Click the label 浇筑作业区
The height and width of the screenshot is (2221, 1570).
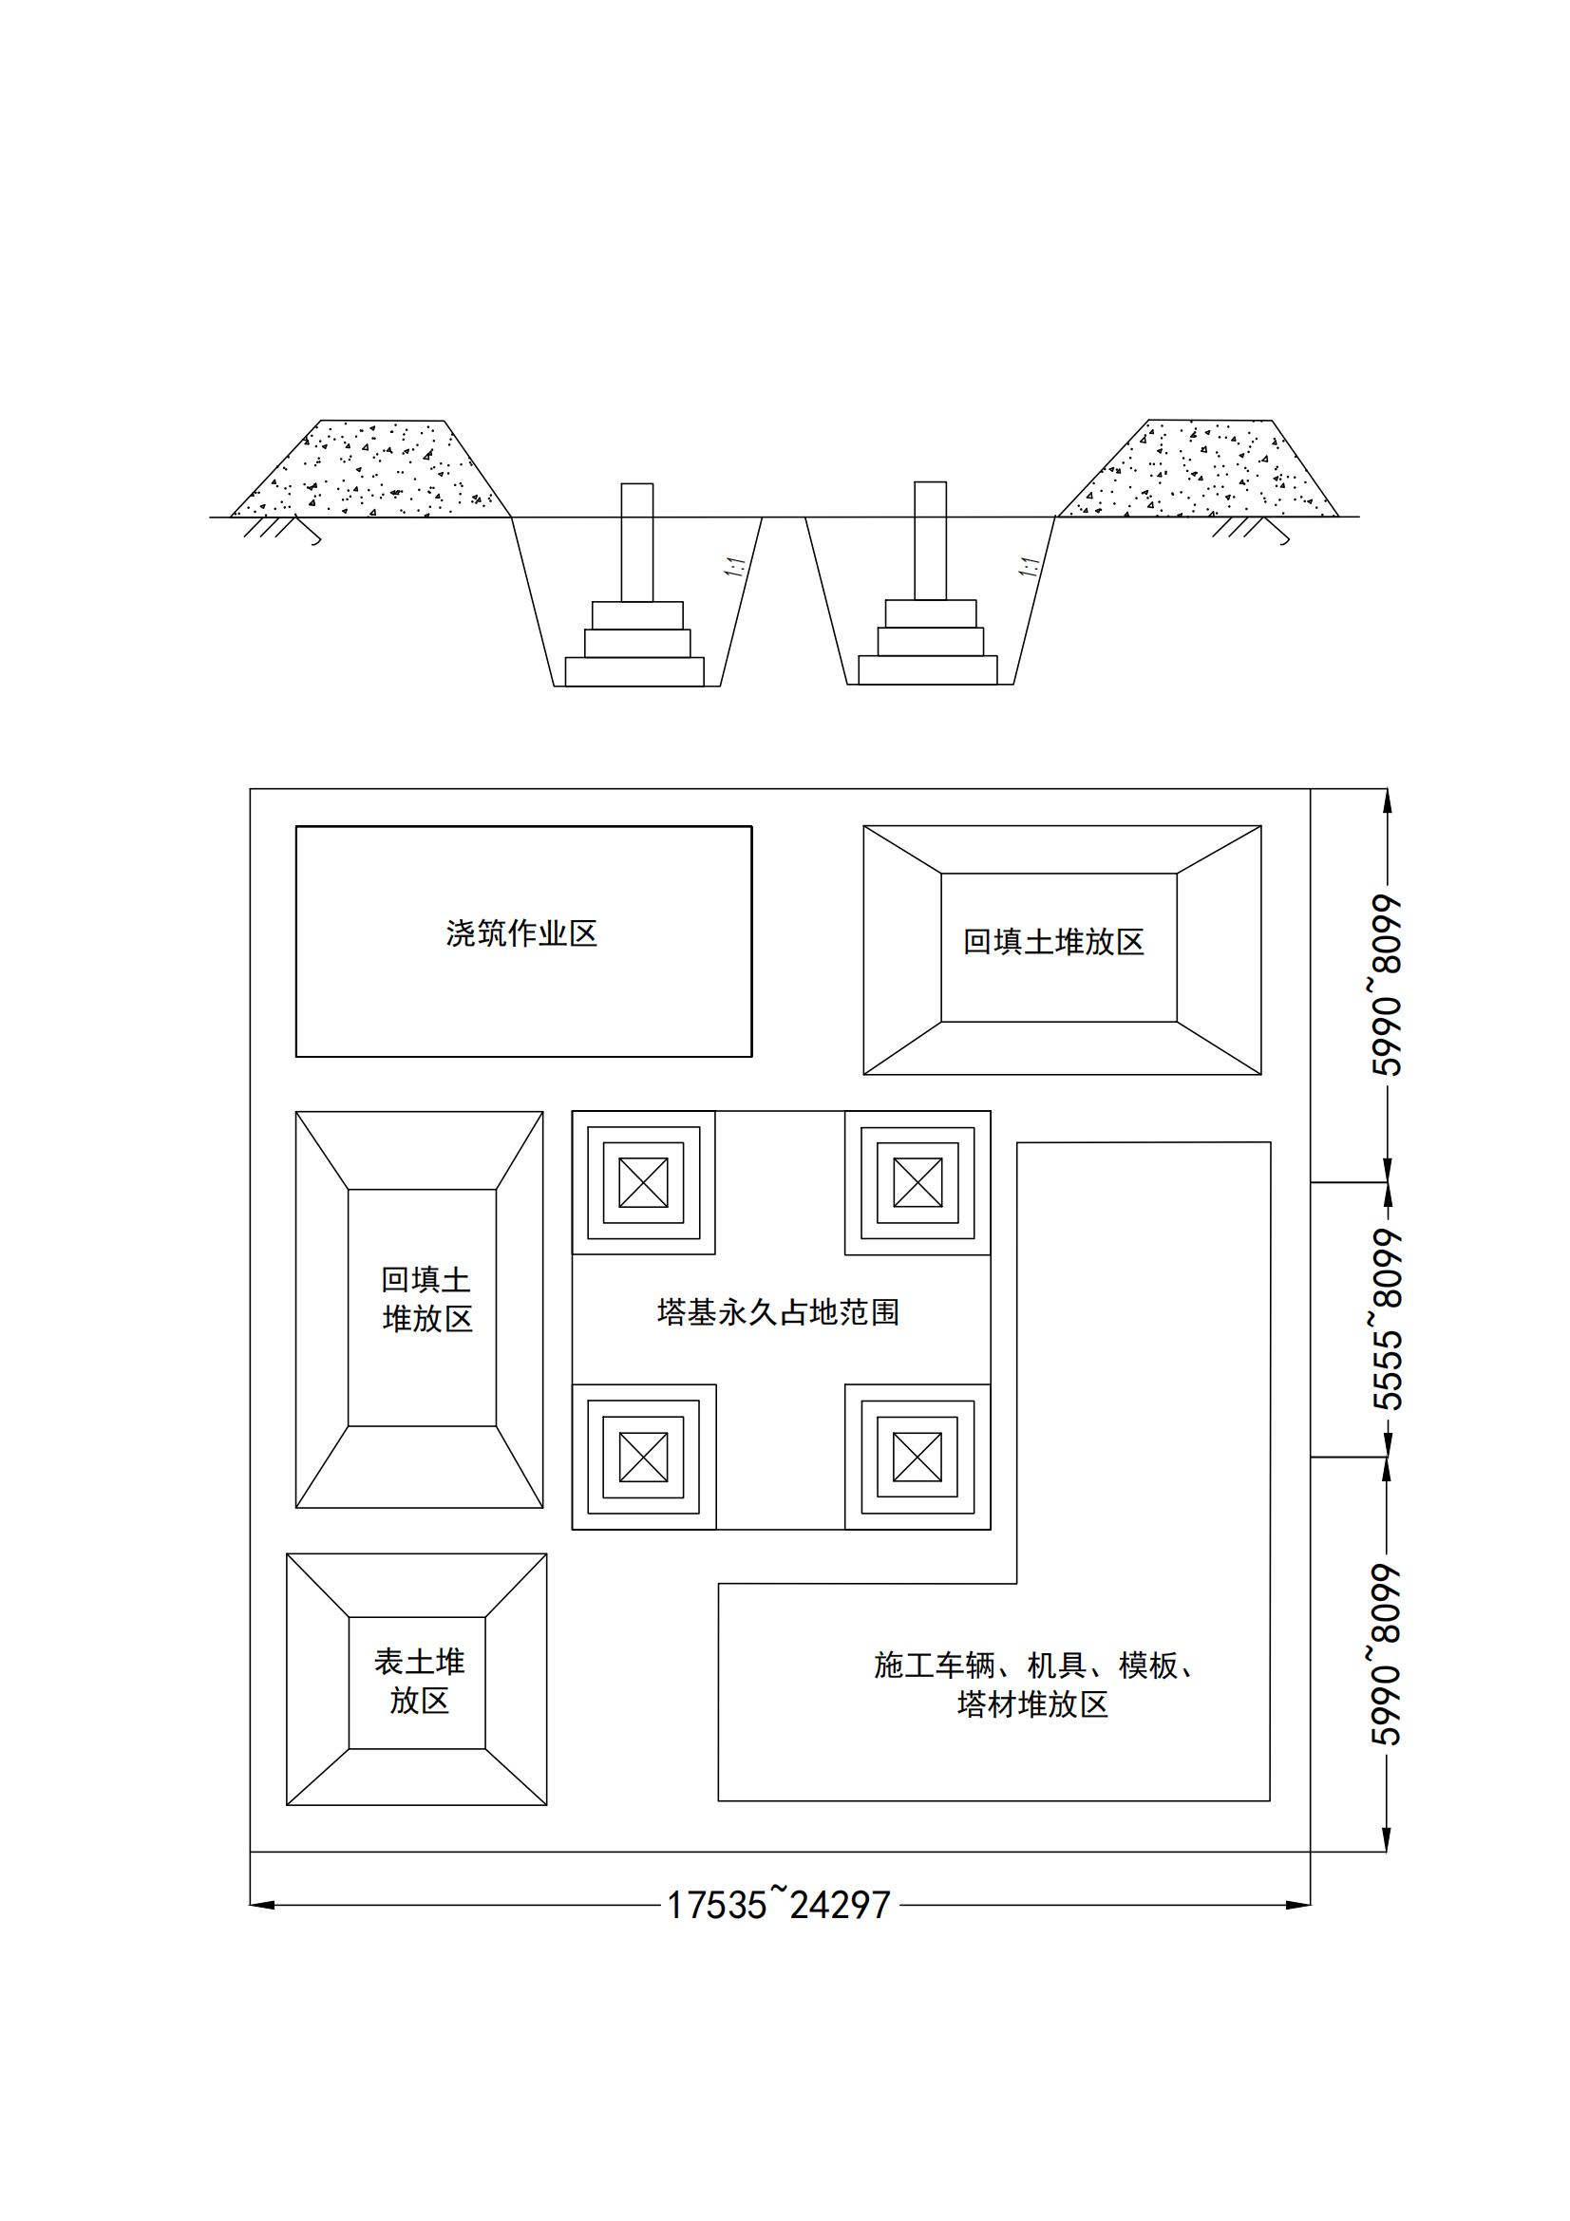pyautogui.click(x=521, y=934)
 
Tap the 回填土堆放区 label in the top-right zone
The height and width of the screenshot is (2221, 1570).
pyautogui.click(x=1053, y=942)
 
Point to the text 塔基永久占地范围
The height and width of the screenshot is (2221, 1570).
pyautogui.click(x=779, y=1312)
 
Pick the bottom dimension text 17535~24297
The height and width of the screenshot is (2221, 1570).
pyautogui.click(x=779, y=1905)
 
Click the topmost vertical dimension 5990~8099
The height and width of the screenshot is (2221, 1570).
pyautogui.click(x=1388, y=986)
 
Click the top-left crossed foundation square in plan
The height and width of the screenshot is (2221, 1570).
pyautogui.click(x=643, y=1182)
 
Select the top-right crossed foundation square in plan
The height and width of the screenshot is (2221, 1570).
pyautogui.click(x=917, y=1182)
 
